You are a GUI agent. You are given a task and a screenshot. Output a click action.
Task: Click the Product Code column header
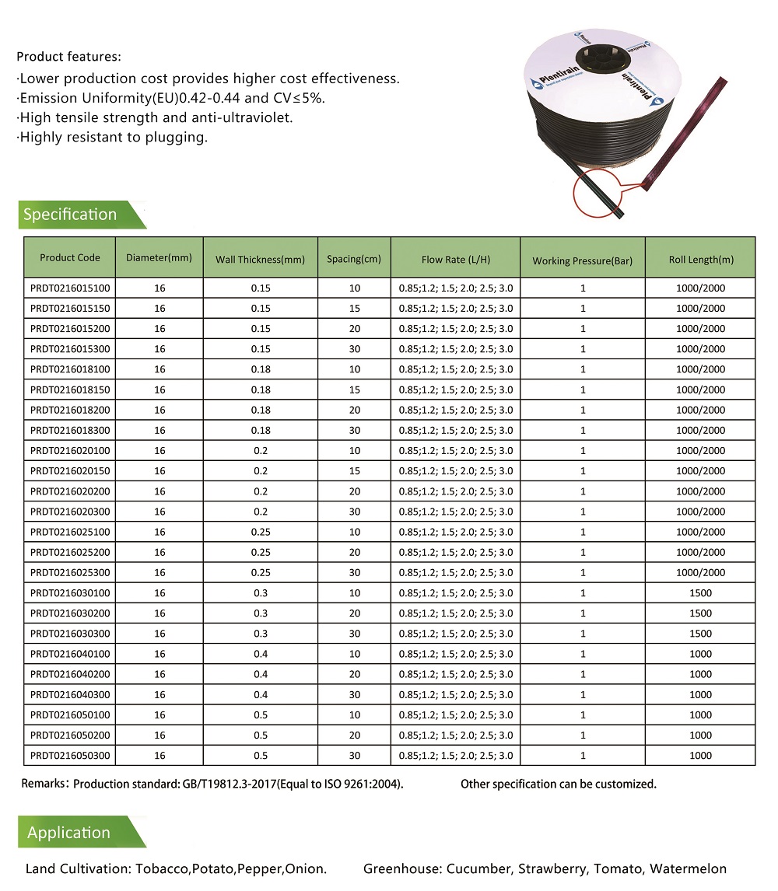tap(70, 258)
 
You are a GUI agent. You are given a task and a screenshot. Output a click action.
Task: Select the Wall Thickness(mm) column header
tap(260, 260)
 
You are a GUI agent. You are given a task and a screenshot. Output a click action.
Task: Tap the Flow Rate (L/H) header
tap(455, 260)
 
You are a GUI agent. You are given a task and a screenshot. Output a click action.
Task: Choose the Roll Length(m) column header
tap(700, 260)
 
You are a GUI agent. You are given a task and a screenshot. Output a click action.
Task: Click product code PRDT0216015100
tap(70, 288)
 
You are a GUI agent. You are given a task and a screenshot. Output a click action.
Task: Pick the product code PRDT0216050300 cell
tap(70, 755)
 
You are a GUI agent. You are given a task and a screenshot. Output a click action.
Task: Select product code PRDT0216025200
tap(70, 552)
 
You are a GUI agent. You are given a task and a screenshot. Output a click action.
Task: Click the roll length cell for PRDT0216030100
tap(700, 593)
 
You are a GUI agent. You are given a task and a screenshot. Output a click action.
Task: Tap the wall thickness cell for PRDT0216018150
tap(260, 390)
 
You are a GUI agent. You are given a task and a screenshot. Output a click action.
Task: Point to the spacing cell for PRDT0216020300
tap(354, 512)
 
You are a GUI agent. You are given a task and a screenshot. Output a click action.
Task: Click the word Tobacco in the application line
tap(160, 868)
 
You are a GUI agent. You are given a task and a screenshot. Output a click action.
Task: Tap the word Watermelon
tap(688, 868)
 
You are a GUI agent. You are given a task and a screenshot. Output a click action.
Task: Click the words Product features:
tap(69, 57)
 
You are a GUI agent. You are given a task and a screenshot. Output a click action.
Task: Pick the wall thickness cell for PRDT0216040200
tap(260, 674)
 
